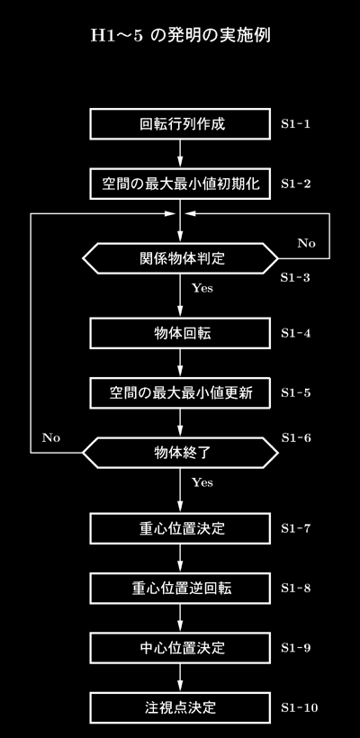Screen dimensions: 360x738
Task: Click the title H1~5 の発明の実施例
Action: point(181,36)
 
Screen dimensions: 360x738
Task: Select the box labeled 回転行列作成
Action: point(180,124)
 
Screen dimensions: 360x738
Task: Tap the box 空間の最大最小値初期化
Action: point(180,184)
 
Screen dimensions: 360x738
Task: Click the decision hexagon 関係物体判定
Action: point(180,258)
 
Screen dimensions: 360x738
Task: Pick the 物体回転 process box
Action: point(180,333)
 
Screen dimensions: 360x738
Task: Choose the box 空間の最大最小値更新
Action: point(180,392)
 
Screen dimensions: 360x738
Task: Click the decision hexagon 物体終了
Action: point(180,453)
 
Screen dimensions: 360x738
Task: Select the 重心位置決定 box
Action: point(180,528)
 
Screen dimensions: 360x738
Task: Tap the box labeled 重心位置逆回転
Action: point(180,588)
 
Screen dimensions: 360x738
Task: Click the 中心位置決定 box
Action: point(180,648)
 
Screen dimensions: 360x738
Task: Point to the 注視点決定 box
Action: point(180,707)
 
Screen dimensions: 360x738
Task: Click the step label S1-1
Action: point(295,124)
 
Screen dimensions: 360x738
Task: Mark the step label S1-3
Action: point(295,277)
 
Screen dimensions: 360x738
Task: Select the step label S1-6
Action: point(296,437)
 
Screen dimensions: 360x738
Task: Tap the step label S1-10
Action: point(300,708)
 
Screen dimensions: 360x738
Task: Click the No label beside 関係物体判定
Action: point(306,243)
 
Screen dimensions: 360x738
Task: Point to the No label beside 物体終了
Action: point(51,437)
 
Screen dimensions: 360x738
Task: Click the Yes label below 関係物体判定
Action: point(202,288)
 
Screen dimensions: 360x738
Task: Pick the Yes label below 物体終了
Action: point(202,482)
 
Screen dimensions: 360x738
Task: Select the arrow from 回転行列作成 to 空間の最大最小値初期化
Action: point(180,154)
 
